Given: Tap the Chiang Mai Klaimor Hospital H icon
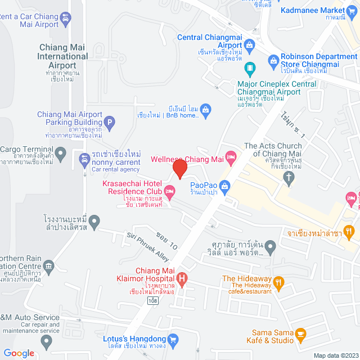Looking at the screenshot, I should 182,277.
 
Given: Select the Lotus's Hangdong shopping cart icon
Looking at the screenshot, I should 173,339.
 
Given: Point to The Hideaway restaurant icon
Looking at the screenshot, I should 277,282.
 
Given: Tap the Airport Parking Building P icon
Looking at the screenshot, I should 110,121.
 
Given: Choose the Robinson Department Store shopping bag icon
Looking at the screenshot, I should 273,60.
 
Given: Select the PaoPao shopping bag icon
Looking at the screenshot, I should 224,184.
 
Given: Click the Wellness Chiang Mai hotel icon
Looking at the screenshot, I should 229,155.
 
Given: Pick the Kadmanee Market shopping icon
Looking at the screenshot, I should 352,10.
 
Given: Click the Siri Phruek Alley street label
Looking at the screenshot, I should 147,247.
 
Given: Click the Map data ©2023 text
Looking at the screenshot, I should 335,355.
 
